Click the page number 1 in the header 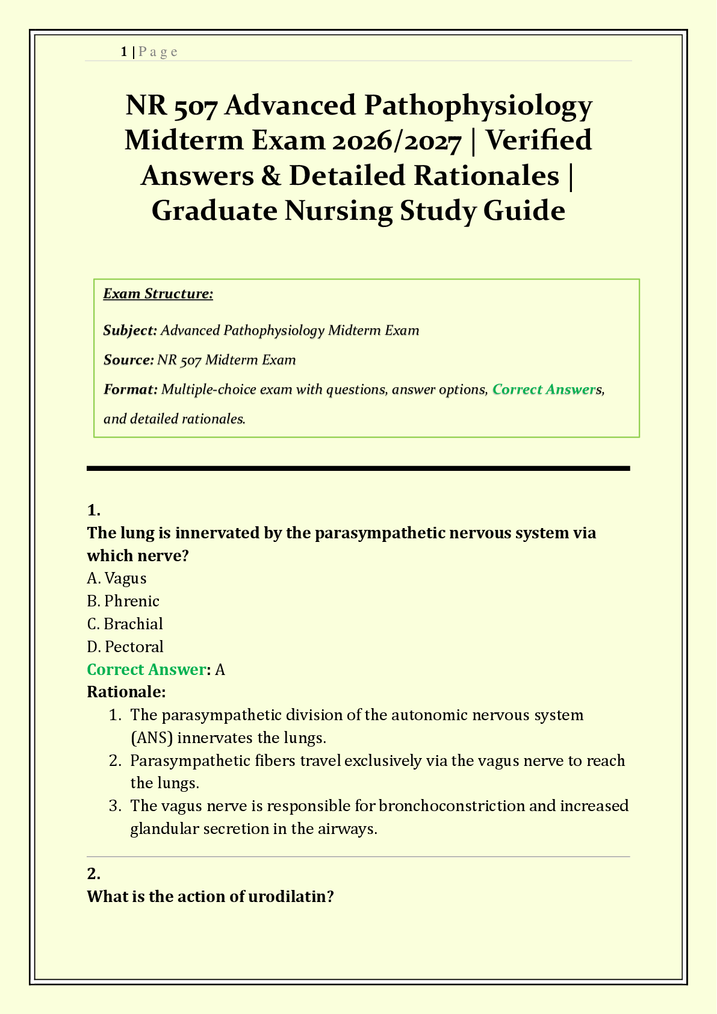coord(123,52)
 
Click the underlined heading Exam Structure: coord(158,294)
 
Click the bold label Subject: coord(130,331)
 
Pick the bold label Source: coord(128,360)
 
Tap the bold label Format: coord(130,390)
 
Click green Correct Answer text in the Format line coord(543,390)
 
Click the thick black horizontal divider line coord(358,468)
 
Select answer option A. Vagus coord(117,578)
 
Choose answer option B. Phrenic coord(123,601)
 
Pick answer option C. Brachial coord(125,624)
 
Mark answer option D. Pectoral coord(125,647)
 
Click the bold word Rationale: coord(126,692)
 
